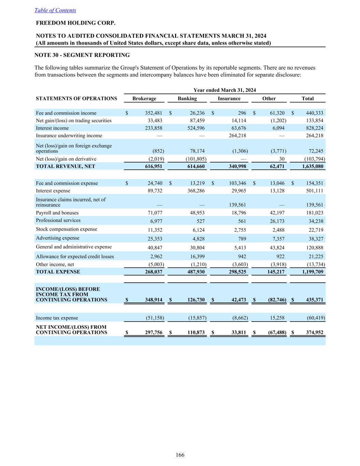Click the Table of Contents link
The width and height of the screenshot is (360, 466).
(x=55, y=10)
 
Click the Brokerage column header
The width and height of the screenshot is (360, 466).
(x=144, y=99)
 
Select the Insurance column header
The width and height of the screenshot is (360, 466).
(x=229, y=99)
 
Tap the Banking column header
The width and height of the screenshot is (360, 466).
(x=187, y=99)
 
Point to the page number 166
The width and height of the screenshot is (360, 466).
(x=180, y=455)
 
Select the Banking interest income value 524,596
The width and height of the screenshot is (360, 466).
(x=194, y=128)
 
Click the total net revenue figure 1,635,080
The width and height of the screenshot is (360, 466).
(x=313, y=167)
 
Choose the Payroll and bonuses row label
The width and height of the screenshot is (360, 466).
(x=57, y=213)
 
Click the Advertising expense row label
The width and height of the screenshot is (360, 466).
(x=57, y=238)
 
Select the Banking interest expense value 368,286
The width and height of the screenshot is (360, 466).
(x=194, y=191)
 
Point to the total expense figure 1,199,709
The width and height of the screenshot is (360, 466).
(x=313, y=272)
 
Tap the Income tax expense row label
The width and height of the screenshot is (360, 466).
(x=57, y=318)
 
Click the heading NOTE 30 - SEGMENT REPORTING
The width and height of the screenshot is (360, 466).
(x=82, y=55)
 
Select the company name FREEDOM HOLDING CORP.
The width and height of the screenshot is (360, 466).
(x=76, y=23)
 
